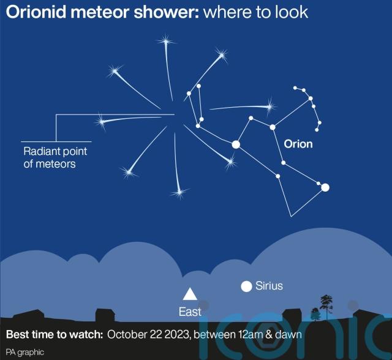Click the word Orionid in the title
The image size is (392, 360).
click(x=36, y=12)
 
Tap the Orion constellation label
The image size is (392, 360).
click(x=298, y=144)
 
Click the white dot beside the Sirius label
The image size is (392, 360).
click(x=246, y=287)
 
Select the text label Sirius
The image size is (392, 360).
click(x=269, y=286)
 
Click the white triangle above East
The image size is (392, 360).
click(x=190, y=294)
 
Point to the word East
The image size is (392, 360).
click(x=190, y=312)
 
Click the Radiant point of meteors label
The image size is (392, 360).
click(x=55, y=157)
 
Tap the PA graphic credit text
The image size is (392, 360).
click(x=25, y=352)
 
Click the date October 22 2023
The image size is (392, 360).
click(x=148, y=334)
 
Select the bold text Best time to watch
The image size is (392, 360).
click(x=55, y=334)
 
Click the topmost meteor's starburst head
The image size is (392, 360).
click(x=165, y=41)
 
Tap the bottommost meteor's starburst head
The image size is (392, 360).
click(x=179, y=193)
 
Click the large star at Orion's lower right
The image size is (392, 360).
click(x=325, y=187)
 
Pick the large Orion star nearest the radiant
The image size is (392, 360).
click(x=236, y=144)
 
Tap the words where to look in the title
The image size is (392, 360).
click(x=255, y=12)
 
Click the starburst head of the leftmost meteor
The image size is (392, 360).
click(x=101, y=122)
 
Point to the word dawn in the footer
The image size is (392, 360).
click(x=288, y=334)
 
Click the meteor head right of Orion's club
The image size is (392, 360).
click(x=269, y=107)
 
